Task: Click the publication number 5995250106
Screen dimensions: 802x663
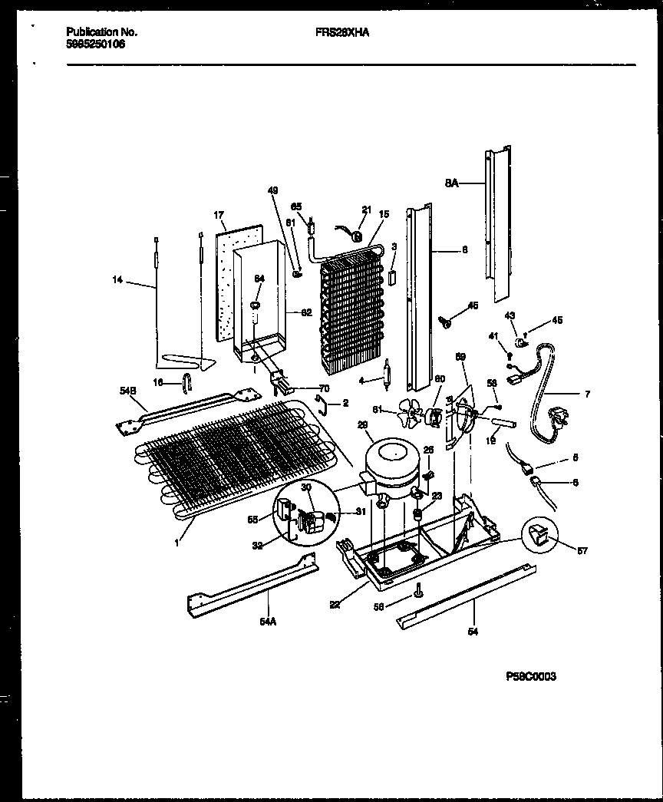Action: (96, 45)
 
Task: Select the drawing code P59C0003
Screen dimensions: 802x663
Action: (531, 676)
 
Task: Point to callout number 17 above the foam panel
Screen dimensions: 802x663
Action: (218, 216)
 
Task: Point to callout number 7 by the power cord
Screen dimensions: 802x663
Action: (587, 395)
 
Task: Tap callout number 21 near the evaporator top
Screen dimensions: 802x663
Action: (365, 210)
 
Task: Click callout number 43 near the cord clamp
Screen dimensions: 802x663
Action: (510, 315)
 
